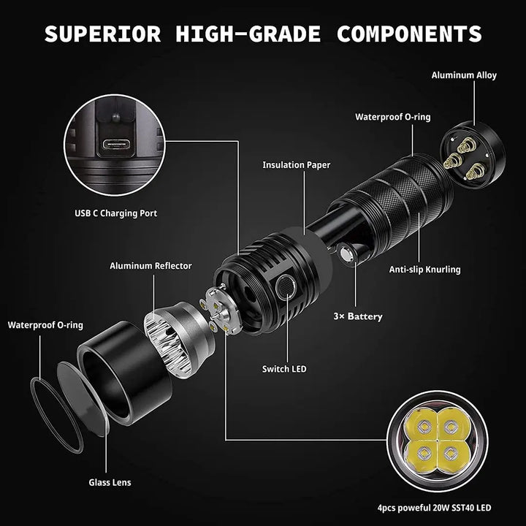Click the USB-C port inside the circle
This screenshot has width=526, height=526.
(116, 145)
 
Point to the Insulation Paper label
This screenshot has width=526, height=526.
(296, 165)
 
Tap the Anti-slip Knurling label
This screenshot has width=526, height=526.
(425, 270)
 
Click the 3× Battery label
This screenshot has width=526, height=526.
(357, 316)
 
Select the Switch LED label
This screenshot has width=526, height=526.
(284, 369)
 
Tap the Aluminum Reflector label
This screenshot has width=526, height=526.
(150, 266)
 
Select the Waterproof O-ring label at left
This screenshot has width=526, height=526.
(45, 325)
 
